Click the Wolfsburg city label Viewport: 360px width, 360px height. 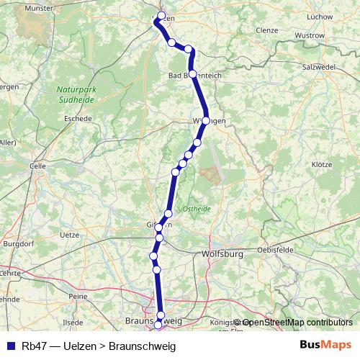[225, 254]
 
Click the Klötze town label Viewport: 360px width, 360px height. [322, 165]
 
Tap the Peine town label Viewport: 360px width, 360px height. [78, 296]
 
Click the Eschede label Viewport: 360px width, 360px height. [78, 118]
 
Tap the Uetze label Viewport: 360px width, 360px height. [70, 235]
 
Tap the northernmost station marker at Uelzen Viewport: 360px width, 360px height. [161, 15]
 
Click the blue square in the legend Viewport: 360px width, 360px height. [10, 346]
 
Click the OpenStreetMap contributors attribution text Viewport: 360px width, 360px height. [297, 323]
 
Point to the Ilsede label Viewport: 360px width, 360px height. [73, 322]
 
